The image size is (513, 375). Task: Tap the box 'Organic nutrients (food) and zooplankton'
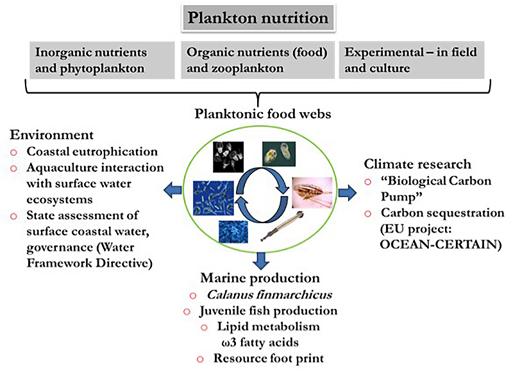pos(256,59)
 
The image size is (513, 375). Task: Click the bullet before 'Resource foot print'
pos(202,357)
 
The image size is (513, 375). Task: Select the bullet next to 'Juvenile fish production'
pos(187,312)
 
